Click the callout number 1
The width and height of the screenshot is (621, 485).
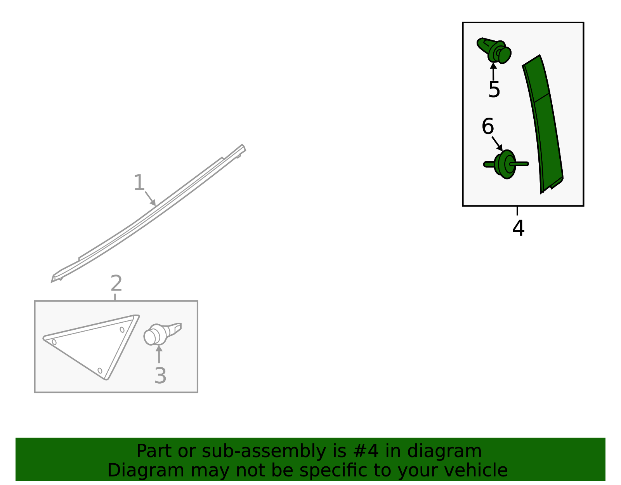(139, 183)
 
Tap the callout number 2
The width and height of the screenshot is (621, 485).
(116, 283)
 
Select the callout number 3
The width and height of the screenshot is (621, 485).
(160, 375)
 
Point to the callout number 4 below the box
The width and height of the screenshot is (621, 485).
(518, 228)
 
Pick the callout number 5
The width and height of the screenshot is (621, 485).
(494, 89)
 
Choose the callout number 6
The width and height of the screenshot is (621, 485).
(487, 126)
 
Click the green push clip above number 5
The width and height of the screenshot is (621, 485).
(494, 50)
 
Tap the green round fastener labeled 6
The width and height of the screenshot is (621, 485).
(506, 164)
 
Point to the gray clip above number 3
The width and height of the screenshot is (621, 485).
(162, 334)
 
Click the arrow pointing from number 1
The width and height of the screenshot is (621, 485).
(150, 199)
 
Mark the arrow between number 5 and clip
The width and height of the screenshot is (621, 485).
(493, 71)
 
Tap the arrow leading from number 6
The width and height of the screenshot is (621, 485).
(497, 144)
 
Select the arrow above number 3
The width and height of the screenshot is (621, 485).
(159, 354)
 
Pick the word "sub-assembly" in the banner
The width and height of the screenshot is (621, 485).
(264, 452)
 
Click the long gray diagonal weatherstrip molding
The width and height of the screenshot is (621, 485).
(148, 214)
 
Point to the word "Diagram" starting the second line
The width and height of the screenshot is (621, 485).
(146, 471)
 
